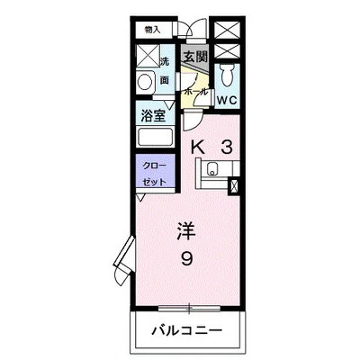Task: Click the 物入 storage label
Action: (x=152, y=30)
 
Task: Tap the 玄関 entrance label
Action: (x=195, y=57)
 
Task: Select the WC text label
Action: (x=226, y=100)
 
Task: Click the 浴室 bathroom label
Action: (x=152, y=115)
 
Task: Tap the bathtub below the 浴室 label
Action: (x=157, y=138)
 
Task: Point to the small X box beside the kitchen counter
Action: (x=236, y=186)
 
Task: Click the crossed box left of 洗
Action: (x=145, y=57)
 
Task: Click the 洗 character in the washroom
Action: (x=165, y=62)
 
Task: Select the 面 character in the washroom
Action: (x=165, y=80)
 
